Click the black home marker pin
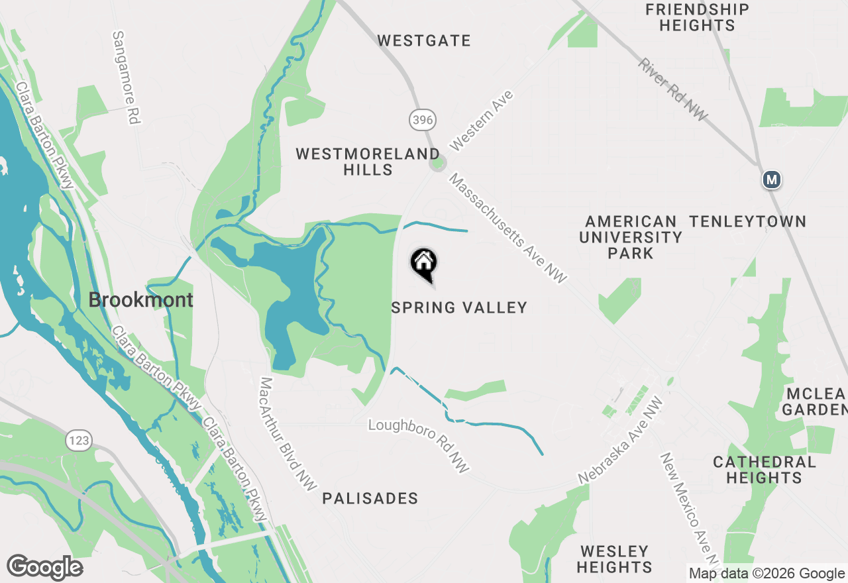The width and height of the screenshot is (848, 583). (424, 264)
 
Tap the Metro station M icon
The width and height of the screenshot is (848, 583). (771, 179)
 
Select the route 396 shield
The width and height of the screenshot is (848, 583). (422, 120)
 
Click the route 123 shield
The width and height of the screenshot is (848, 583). (78, 440)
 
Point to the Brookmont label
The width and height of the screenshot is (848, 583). (140, 300)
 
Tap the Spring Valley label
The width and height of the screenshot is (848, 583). (459, 307)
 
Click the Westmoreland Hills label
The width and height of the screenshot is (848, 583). (368, 162)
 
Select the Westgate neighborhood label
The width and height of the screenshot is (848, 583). (424, 40)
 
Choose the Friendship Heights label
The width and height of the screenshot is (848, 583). (697, 18)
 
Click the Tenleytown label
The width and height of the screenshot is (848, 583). (748, 221)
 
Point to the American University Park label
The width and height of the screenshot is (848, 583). (631, 237)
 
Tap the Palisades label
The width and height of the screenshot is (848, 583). (370, 498)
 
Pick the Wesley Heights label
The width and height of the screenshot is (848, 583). (614, 559)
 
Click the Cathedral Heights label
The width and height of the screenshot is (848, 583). (765, 469)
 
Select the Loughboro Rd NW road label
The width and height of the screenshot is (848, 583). (419, 445)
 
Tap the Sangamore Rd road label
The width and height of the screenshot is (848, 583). (128, 78)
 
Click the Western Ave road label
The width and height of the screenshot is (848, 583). (482, 121)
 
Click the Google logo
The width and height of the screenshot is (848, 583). (44, 567)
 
